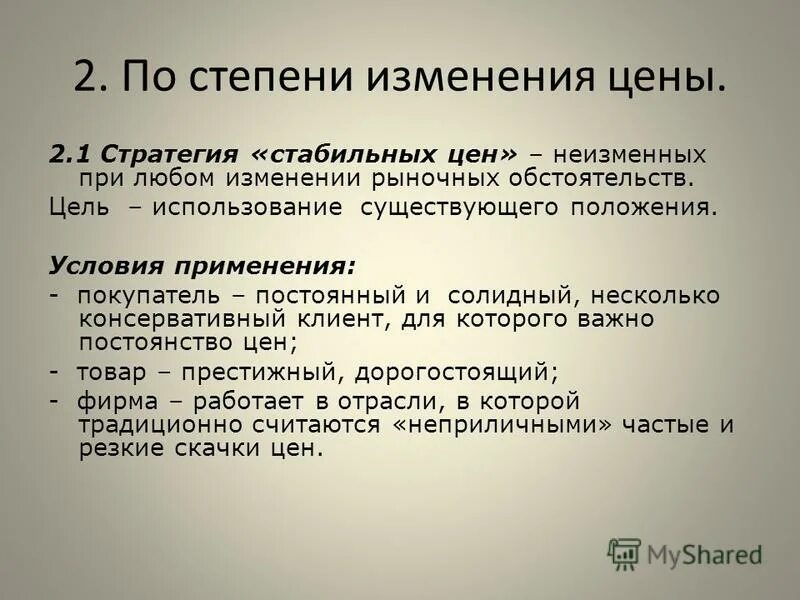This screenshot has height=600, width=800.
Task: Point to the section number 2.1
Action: [x=69, y=155]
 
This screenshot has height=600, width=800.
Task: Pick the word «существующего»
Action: [x=453, y=210]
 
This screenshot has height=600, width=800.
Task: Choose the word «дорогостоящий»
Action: [x=453, y=372]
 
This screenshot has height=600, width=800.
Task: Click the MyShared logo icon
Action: [x=624, y=553]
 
